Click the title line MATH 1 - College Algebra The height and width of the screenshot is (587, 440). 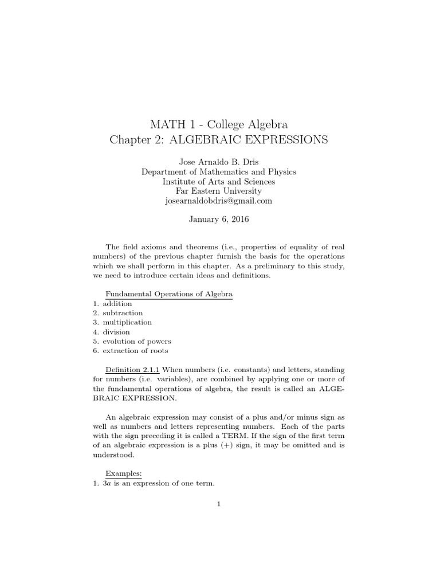219,124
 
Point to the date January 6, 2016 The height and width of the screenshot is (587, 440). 219,220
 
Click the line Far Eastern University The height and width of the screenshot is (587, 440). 219,191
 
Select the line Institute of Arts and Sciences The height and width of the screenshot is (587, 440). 219,181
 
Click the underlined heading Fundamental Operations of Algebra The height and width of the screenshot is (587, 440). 169,293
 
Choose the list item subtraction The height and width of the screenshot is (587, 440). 123,313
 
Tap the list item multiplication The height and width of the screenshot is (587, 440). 127,322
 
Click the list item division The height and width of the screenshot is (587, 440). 116,332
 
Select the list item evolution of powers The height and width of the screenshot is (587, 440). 137,341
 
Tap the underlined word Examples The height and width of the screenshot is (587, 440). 123,473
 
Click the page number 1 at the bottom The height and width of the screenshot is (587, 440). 219,504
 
